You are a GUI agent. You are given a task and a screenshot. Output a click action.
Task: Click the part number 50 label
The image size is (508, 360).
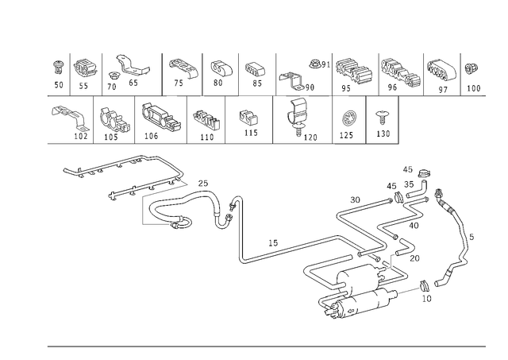point(59,85)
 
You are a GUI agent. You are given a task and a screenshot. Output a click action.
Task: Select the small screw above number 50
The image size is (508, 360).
point(58,68)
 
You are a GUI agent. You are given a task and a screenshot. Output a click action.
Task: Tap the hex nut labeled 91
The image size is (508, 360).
point(314,64)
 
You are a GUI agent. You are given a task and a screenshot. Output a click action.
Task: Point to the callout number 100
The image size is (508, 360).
point(473,88)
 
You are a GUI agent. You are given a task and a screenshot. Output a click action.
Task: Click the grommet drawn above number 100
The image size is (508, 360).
point(470,69)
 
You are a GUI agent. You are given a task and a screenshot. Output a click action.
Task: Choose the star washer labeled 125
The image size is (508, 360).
point(348,118)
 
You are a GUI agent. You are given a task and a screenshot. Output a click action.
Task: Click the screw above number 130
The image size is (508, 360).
point(382,117)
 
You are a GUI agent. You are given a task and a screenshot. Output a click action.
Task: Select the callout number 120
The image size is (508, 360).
point(310,137)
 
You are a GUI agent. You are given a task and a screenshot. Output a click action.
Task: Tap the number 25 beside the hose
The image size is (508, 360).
point(203,184)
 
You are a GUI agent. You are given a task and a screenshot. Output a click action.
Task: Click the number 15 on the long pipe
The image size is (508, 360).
point(273,242)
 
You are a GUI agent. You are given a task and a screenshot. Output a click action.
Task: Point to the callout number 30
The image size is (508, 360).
point(355,199)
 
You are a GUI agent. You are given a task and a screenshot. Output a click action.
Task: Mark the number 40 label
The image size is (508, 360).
point(414,226)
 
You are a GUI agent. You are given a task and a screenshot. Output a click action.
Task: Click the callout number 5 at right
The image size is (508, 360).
point(471,237)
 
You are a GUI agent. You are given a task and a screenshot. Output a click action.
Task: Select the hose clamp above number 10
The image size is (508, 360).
point(424,286)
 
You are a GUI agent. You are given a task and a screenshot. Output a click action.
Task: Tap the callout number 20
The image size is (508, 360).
point(414,258)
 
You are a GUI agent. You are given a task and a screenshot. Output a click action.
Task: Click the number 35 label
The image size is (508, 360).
point(409,184)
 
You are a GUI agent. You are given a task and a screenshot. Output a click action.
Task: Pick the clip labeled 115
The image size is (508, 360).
point(248,118)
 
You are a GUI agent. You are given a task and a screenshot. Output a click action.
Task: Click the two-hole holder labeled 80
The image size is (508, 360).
point(221,68)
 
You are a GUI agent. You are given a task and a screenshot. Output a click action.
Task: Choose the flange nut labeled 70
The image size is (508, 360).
point(114,75)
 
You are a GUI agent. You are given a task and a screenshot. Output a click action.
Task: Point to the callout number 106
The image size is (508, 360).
point(151,136)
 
